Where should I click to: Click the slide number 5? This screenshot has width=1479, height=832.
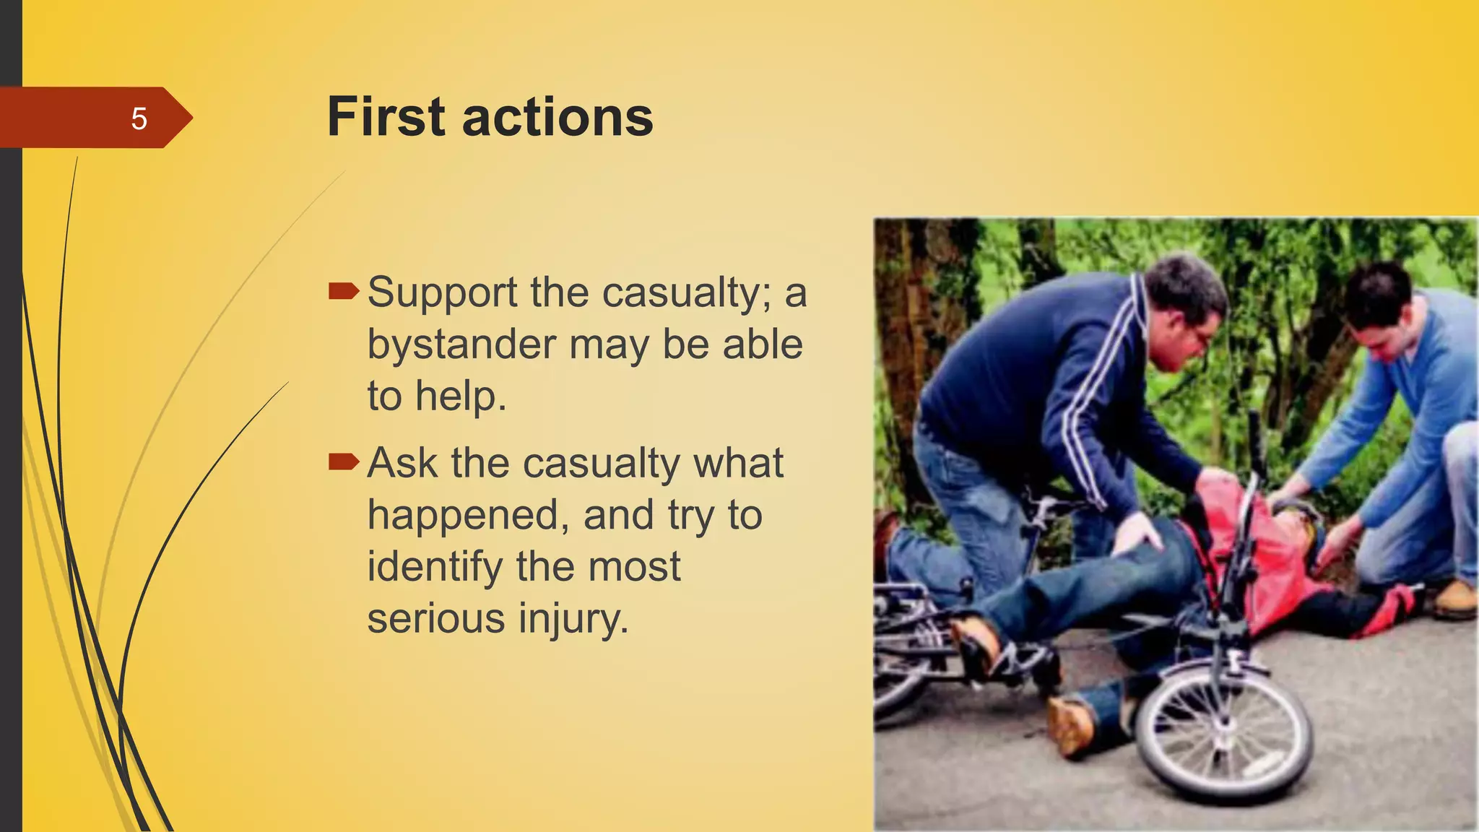coord(139,118)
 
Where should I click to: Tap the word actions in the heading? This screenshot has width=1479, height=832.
coord(558,118)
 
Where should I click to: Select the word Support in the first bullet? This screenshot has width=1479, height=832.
coord(442,293)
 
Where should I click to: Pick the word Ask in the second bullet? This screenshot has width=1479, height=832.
coord(402,462)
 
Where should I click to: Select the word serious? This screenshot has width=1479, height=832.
coord(435,619)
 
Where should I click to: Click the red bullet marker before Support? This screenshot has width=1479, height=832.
coord(343,291)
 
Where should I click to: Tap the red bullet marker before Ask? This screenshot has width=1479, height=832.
coord(343,461)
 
